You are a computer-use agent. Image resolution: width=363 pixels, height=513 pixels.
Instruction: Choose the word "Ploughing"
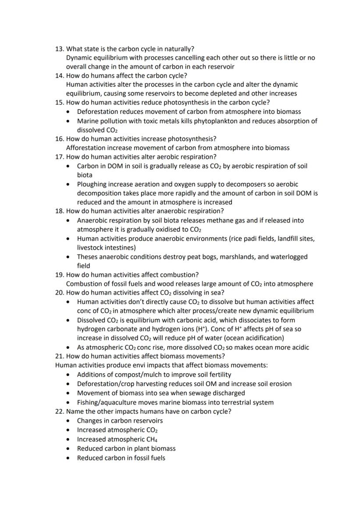pos(92,184)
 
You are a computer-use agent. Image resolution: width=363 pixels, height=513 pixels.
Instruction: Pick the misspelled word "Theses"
pos(88,257)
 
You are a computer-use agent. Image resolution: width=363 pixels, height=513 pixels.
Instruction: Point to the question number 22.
pos(59,411)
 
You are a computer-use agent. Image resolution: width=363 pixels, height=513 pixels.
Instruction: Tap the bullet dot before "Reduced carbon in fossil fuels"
pos(68,458)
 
